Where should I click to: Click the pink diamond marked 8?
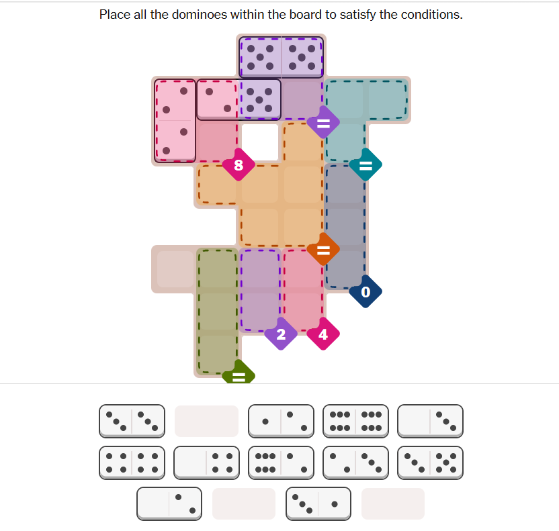[x=239, y=164]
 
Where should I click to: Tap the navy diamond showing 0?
[x=365, y=291]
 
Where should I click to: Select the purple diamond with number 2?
[x=281, y=334]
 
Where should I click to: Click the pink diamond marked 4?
[x=323, y=334]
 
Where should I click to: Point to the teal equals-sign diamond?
[x=365, y=164]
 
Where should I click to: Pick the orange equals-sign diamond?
[x=323, y=249]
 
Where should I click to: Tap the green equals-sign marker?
[x=239, y=373]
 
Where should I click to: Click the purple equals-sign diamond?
[x=323, y=122]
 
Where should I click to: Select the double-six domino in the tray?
[x=355, y=421]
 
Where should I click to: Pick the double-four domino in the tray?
[x=132, y=463]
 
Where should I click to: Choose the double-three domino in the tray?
[x=132, y=421]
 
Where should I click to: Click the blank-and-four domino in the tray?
[x=206, y=463]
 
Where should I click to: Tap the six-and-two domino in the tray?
[x=281, y=463]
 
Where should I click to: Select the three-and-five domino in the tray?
[x=430, y=463]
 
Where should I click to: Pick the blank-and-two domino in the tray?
[x=169, y=503]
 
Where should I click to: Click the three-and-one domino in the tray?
[x=318, y=503]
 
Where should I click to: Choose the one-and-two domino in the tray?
[x=281, y=421]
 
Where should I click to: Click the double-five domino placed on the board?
[x=281, y=57]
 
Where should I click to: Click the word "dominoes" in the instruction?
[x=199, y=15]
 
